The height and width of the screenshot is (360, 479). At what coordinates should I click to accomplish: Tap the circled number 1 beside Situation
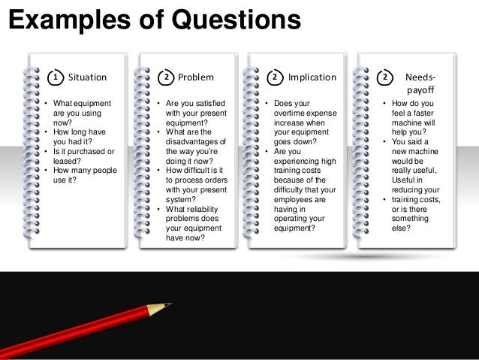pos(54,77)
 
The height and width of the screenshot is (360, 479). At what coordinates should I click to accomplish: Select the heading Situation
pos(88,77)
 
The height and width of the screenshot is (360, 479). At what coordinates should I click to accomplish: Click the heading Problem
pos(195,77)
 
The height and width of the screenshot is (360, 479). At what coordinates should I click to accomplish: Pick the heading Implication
pos(312,77)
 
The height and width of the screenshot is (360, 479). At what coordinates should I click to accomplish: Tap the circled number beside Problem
pos(167,77)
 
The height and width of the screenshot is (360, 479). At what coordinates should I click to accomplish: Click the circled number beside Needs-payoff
pos(385,77)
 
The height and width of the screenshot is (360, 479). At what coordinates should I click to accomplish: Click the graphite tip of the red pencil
pos(167,304)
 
